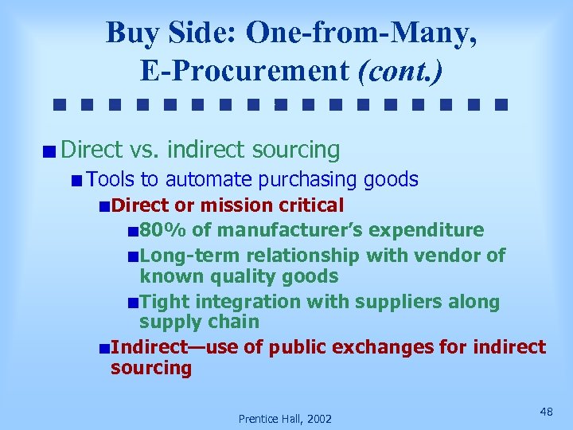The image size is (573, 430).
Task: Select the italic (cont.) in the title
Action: click(x=400, y=71)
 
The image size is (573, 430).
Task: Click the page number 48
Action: click(x=546, y=411)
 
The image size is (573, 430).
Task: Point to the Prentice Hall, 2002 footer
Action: click(x=285, y=418)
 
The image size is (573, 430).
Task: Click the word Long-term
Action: click(x=184, y=256)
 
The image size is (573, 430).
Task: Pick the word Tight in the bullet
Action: click(x=165, y=302)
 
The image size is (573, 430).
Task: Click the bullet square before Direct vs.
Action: click(x=49, y=150)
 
